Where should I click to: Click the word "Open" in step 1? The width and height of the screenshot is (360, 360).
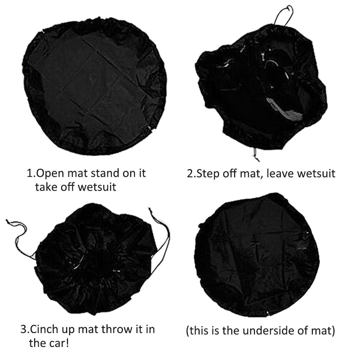pos(50,173)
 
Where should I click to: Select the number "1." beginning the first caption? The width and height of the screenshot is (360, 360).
pos(31,173)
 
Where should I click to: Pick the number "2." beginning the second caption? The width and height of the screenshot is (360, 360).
pos(191,173)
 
